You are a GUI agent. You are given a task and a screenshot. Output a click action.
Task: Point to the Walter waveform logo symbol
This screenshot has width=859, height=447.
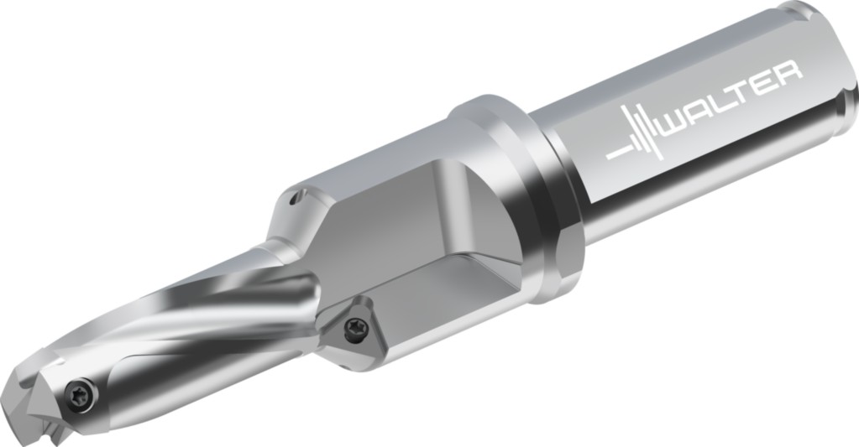[636, 138]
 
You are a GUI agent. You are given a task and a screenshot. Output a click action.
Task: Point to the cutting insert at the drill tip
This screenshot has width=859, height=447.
[34, 403]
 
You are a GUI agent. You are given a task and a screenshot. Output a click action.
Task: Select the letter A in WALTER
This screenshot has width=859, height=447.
[701, 113]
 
